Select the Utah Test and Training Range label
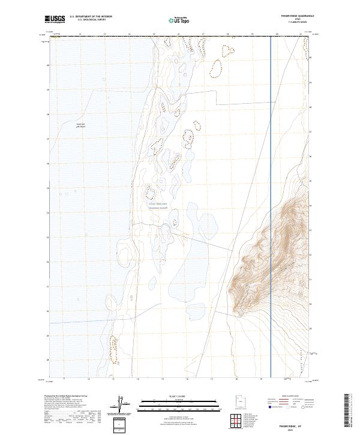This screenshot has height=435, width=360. tap(158, 206)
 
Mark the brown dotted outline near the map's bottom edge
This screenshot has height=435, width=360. tap(114, 350)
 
